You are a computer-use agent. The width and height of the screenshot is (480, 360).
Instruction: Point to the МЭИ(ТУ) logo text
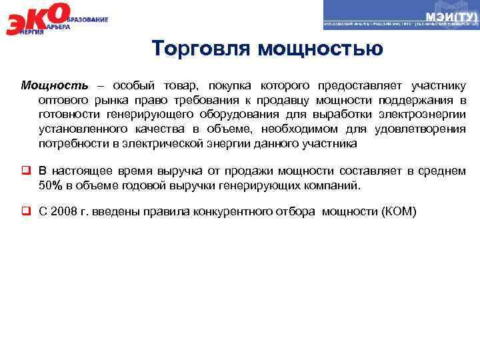pos(449,15)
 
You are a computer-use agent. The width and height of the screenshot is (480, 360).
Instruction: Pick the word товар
pos(181,86)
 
